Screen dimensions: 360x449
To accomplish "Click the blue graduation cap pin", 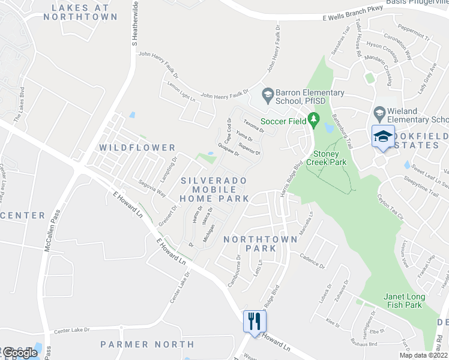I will pyautogui.click(x=382, y=136).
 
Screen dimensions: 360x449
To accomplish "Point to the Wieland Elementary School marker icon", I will pyautogui.click(x=379, y=113).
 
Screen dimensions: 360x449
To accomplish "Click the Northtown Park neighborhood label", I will pyautogui.click(x=260, y=244).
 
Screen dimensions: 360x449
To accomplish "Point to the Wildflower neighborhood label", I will pyautogui.click(x=137, y=148).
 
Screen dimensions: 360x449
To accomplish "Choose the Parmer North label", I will pyautogui.click(x=147, y=344).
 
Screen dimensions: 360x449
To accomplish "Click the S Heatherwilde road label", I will pyautogui.click(x=135, y=24).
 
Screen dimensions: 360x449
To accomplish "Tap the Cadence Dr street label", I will pyautogui.click(x=313, y=261).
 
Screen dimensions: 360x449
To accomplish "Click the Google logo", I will pyautogui.click(x=20, y=352).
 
